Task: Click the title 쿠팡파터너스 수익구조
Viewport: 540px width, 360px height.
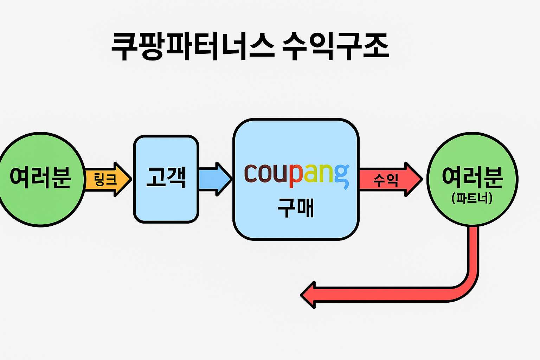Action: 250,46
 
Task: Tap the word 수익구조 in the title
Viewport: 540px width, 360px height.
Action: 336,46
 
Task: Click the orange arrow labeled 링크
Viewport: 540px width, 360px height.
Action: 108,179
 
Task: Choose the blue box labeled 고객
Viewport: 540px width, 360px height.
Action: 166,204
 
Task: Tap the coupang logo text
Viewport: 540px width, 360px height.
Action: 296,174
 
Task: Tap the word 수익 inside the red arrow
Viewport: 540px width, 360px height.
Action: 386,180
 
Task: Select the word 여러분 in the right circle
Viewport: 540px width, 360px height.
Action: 472,176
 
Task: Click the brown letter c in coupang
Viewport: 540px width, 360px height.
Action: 250,174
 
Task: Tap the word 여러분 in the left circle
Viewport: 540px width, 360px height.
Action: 40,176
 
